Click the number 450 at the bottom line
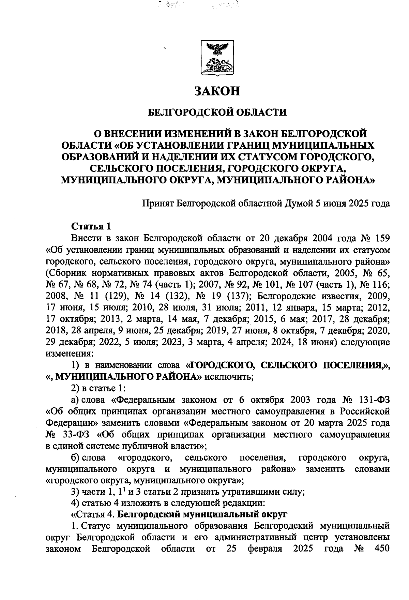[379, 549]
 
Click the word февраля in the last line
[264, 549]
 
